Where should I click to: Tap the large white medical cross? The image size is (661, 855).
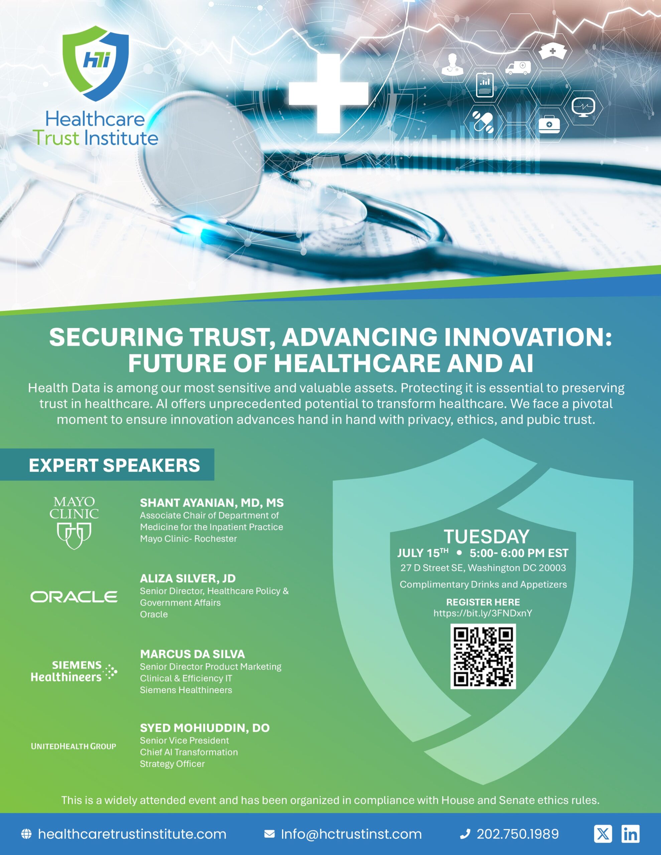tap(328, 93)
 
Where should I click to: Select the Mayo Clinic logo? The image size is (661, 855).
tap(74, 523)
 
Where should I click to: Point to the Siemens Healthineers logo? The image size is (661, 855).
tap(74, 671)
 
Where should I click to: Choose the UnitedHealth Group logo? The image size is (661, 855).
tap(74, 746)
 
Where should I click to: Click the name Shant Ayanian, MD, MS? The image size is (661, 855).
tap(212, 503)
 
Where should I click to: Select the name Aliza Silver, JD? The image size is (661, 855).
tap(188, 578)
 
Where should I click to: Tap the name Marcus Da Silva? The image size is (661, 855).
tap(192, 654)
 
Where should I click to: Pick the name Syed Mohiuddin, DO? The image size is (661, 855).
tap(205, 728)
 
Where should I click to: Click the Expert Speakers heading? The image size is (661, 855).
tap(114, 465)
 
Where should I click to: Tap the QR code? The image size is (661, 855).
tap(483, 657)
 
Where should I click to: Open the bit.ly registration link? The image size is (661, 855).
tap(483, 614)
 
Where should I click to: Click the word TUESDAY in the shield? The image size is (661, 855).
tap(487, 537)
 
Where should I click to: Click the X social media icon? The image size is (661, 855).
tap(603, 834)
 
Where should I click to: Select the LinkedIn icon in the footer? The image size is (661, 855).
tap(631, 834)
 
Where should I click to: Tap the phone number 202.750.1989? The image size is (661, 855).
tap(518, 834)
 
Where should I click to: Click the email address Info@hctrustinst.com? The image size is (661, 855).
tap(352, 834)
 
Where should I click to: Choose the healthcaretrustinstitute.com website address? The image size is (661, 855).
tap(132, 834)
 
